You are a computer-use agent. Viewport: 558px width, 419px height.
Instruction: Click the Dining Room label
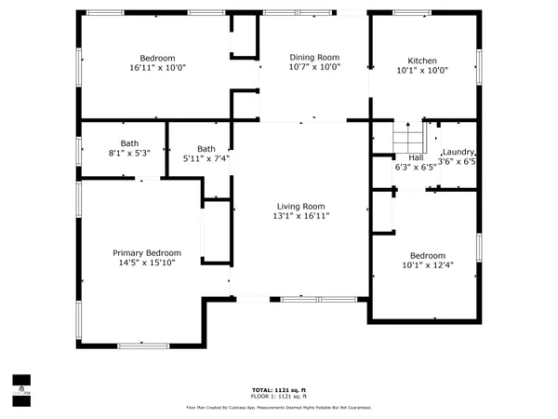pos(314,57)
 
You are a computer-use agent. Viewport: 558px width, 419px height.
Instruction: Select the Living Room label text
pos(300,206)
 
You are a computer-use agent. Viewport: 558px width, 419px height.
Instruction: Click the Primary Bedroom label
pos(147,252)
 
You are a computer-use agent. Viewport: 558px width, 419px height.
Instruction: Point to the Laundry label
pos(458,152)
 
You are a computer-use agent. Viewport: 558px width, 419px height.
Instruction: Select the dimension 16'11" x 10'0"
pos(157,67)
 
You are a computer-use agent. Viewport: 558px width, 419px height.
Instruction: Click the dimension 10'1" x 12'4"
pos(429,265)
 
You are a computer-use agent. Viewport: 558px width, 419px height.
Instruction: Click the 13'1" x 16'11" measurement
pos(300,216)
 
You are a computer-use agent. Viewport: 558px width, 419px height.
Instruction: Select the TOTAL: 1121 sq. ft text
pos(279,389)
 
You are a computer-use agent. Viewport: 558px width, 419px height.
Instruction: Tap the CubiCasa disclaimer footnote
pos(279,407)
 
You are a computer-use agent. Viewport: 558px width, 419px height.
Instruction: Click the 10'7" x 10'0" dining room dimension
pos(314,67)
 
